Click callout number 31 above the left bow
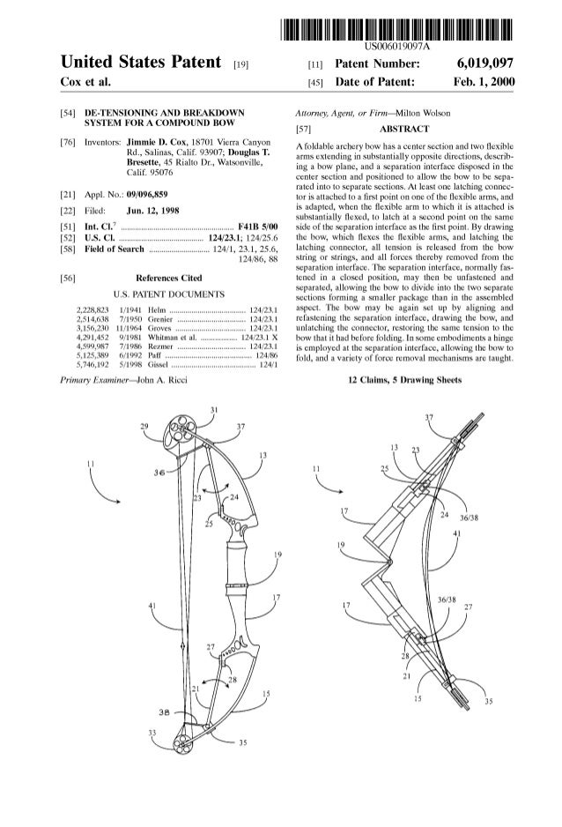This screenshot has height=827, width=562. (214, 412)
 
